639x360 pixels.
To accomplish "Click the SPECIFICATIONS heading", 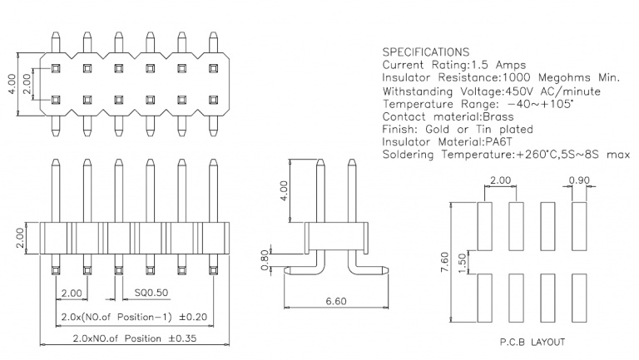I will pos(426,52).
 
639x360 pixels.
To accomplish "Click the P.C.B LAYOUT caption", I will pos(523,341).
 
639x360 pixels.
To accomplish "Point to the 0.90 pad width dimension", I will pos(579,180).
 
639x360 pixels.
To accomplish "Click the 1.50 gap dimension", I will pos(464,264).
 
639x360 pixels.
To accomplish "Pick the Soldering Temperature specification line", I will pos(505,155).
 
